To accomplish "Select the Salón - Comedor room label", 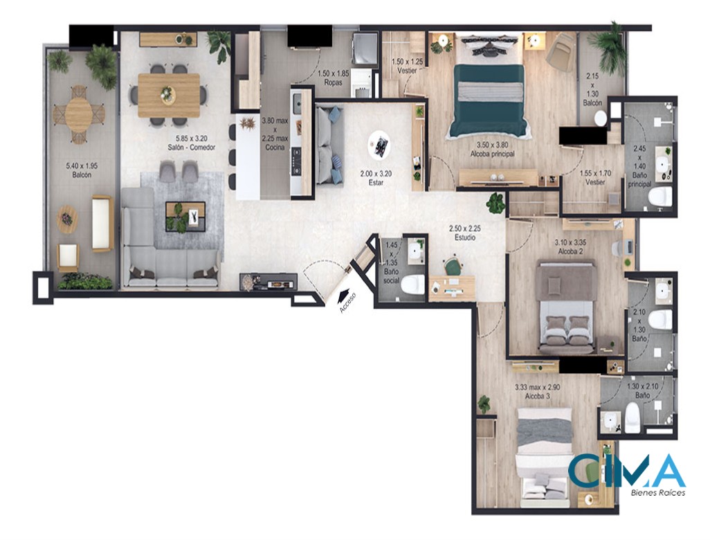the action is click(191, 147).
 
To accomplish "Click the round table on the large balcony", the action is click(79, 115).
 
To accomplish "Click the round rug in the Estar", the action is click(379, 145).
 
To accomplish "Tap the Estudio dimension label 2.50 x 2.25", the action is click(464, 228).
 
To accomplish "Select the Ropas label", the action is click(334, 82).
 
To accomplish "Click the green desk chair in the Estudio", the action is click(451, 267).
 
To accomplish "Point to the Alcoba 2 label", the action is click(570, 251).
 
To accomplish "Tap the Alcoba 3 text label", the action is click(538, 396).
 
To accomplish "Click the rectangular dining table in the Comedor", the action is click(169, 95).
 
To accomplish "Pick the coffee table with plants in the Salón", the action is click(185, 216).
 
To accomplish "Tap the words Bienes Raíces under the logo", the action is click(658, 493).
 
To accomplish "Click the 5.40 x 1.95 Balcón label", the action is click(82, 170).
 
